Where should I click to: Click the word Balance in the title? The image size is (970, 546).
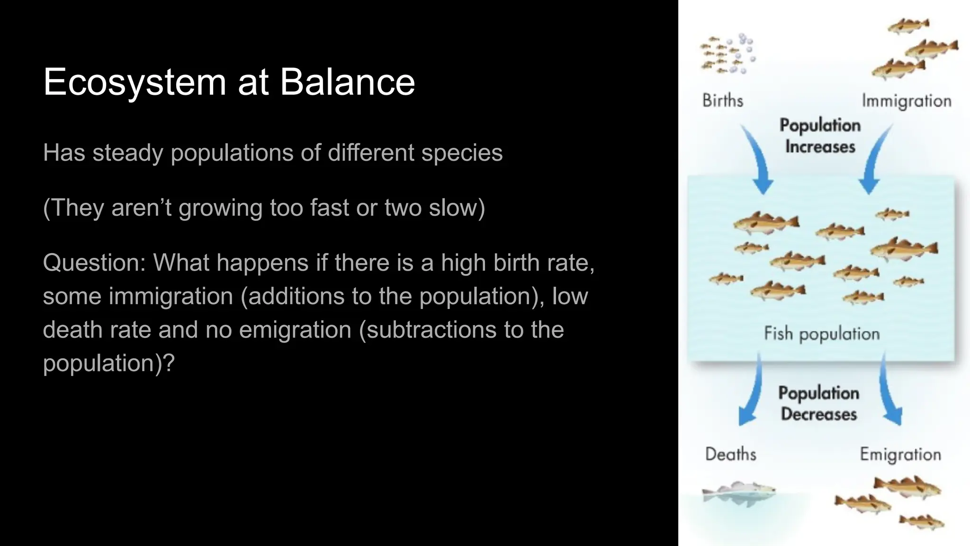point(347,82)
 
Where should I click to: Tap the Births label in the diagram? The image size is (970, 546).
point(722,100)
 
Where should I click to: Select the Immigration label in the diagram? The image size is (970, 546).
point(906,101)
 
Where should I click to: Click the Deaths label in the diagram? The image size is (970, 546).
point(730,454)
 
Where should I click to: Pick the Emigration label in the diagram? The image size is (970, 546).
point(900,455)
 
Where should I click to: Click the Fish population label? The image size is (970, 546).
point(822,334)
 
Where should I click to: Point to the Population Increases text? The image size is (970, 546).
point(820,136)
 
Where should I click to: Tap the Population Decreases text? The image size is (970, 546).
point(818,403)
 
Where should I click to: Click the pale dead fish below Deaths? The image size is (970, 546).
point(738,493)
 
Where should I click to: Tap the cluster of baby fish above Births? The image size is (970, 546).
point(727,55)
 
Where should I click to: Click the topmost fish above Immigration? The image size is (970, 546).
point(908,26)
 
